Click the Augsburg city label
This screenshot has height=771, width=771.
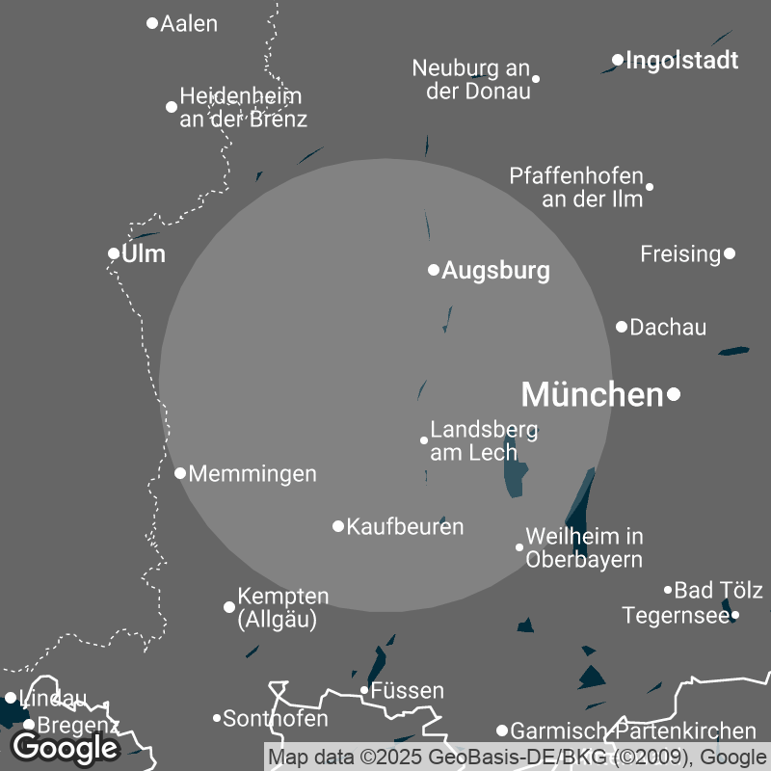[x=495, y=271]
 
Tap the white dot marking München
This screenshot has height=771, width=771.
[x=674, y=393]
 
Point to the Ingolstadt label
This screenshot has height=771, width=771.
[x=681, y=61]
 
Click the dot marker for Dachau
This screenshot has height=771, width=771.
[x=622, y=327]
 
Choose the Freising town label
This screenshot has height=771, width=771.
[x=680, y=254]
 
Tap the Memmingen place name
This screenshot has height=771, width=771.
[x=253, y=473]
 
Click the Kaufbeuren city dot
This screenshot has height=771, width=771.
[x=338, y=526]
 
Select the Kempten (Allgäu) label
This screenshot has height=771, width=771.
[x=282, y=608]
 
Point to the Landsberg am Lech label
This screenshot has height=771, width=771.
[x=483, y=440]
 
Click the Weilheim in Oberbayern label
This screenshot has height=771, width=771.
[x=584, y=547]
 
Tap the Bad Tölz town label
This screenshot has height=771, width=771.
[x=718, y=590]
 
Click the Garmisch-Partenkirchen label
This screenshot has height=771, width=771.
[x=633, y=731]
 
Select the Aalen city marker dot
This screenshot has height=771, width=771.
[x=151, y=23]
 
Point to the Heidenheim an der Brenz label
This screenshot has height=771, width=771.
[x=243, y=108]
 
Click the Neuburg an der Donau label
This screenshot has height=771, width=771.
[x=471, y=80]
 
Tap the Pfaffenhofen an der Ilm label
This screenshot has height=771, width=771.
[x=576, y=188]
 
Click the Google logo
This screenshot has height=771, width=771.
[x=65, y=747]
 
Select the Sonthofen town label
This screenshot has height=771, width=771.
[x=276, y=719]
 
